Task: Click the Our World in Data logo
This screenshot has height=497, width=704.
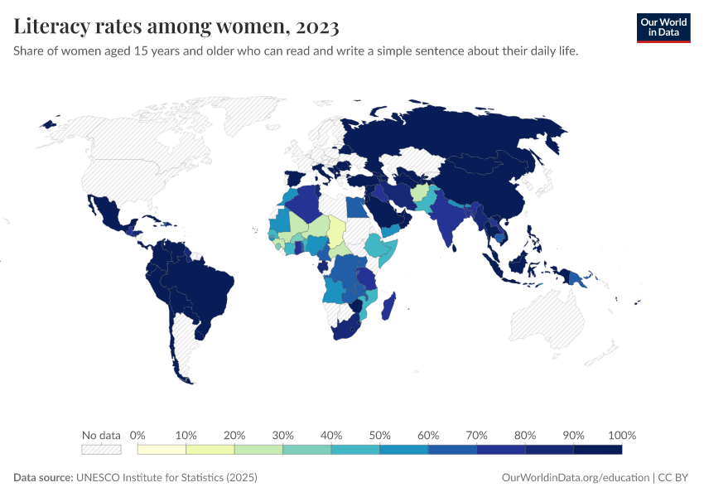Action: (x=663, y=27)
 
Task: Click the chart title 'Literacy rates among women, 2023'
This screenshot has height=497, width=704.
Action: (x=176, y=27)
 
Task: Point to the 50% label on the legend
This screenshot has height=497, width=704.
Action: (x=380, y=435)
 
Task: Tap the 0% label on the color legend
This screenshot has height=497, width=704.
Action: (x=138, y=435)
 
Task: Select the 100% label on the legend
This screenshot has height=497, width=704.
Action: (x=621, y=435)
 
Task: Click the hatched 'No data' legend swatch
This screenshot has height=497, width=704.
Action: (x=101, y=450)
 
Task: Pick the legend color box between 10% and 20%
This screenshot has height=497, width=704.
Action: (x=210, y=450)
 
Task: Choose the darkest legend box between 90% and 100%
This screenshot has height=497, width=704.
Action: (x=597, y=450)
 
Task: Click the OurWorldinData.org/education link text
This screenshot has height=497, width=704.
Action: (x=576, y=478)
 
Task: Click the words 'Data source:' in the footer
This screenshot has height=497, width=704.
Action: (x=43, y=478)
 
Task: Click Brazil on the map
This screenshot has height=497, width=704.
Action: (x=207, y=286)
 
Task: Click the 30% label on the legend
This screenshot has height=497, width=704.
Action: (x=283, y=435)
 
